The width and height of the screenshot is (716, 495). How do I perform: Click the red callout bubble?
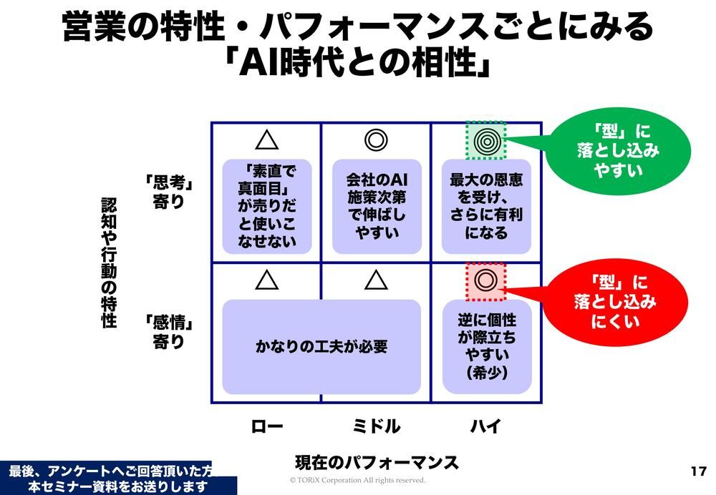[614, 301]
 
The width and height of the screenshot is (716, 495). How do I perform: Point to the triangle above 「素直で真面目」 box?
[267, 139]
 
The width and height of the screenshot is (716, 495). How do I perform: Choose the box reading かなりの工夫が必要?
[321, 347]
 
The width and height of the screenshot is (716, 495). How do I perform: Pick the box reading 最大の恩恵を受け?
[486, 206]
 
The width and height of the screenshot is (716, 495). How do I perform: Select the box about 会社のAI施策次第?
[376, 206]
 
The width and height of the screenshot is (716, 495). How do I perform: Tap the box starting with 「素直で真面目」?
[267, 206]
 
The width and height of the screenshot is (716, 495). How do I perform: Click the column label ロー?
[267, 427]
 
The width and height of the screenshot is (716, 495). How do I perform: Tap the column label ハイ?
[485, 427]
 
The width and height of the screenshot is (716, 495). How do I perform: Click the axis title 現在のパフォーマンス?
[377, 461]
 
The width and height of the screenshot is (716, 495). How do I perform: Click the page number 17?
[699, 471]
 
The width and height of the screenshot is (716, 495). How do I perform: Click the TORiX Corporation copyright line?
[357, 480]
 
